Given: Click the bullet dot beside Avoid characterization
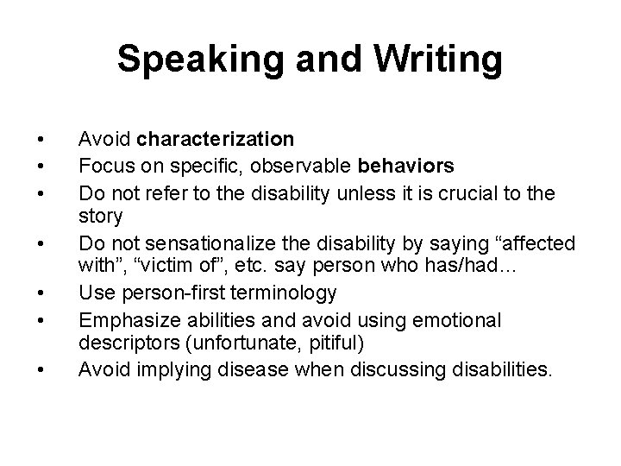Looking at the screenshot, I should tap(39, 140).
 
